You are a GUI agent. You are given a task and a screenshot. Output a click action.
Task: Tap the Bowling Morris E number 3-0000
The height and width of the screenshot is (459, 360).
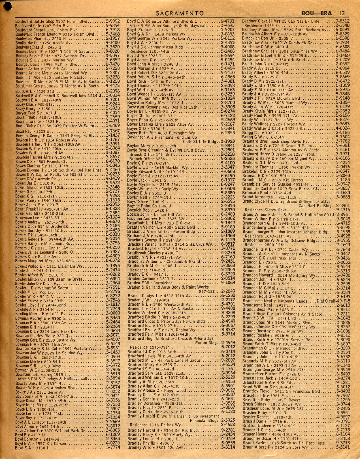coord(112,314)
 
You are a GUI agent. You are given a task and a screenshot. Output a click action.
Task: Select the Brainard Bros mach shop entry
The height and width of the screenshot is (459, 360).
coord(275,141)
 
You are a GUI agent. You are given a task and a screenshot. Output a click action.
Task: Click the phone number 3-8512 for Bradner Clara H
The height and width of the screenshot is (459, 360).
coord(342,21)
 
